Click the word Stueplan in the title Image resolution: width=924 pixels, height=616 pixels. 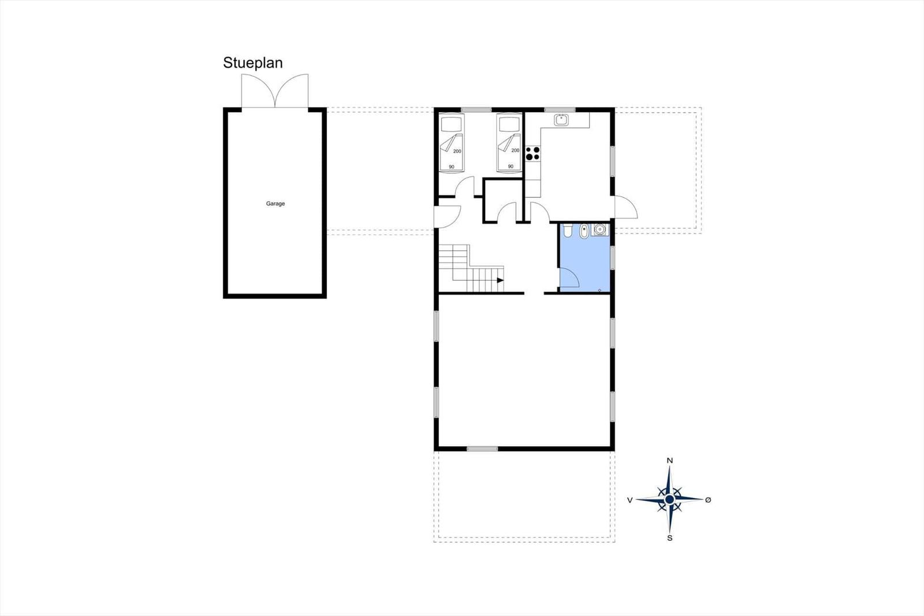point(253,63)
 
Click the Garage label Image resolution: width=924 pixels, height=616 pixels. point(275,203)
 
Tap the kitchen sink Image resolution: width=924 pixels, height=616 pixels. point(561,120)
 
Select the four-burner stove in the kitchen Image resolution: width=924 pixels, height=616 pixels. point(532,153)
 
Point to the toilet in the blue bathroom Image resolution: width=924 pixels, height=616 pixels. point(567,231)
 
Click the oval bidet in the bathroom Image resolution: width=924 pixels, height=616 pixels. point(584,231)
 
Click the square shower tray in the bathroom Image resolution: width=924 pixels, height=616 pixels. point(600,229)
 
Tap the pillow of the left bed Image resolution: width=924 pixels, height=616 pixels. point(451,124)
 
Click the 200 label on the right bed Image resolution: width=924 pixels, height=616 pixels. point(515,150)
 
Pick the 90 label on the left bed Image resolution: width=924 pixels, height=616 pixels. point(452,167)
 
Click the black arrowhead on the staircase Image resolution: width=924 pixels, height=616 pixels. point(500,280)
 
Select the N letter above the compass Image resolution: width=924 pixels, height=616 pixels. point(670,461)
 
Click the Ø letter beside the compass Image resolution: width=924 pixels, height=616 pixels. point(708,500)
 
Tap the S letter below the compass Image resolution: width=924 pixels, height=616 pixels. point(670,539)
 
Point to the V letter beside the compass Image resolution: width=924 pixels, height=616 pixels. point(630,500)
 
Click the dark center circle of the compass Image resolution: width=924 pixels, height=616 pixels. point(670,500)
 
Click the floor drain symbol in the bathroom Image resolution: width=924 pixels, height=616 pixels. point(599,290)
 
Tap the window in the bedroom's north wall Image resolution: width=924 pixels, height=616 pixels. point(476,110)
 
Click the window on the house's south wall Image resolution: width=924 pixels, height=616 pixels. point(482,449)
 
